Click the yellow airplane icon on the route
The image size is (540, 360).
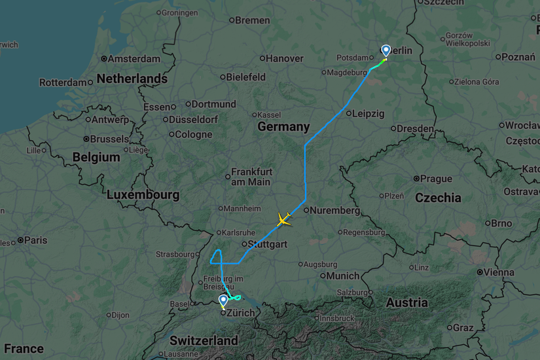click(283, 219)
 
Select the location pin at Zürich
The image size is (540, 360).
click(224, 301)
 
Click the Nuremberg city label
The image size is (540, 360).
click(335, 211)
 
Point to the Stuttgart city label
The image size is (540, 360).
click(268, 244)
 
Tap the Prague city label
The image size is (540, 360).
click(436, 178)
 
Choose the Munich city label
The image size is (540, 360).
click(344, 276)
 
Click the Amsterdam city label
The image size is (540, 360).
click(134, 59)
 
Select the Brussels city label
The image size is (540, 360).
click(109, 139)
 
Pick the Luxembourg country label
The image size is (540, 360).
click(143, 194)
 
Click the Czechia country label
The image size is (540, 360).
click(438, 198)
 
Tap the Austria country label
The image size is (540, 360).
click(407, 302)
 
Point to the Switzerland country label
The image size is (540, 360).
click(204, 341)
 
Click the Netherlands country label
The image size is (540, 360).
click(132, 79)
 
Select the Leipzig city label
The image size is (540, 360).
click(368, 113)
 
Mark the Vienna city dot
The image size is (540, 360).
click(480, 272)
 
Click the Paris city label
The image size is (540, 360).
click(35, 240)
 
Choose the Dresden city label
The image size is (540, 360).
click(416, 129)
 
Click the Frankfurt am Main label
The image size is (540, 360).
click(251, 177)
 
